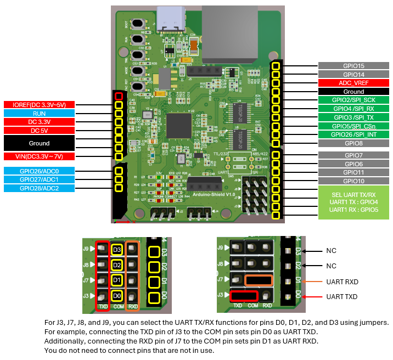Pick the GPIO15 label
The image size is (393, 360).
353,66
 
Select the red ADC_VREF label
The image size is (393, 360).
353,83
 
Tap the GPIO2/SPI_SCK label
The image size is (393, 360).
353,100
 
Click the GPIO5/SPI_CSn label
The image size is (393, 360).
353,126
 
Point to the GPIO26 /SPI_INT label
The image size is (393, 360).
353,134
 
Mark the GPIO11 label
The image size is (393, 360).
353,172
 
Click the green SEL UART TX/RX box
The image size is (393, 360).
353,202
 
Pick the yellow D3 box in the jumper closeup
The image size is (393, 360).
116,250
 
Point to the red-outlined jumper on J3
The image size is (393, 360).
244,296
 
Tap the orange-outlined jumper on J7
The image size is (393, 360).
259,280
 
